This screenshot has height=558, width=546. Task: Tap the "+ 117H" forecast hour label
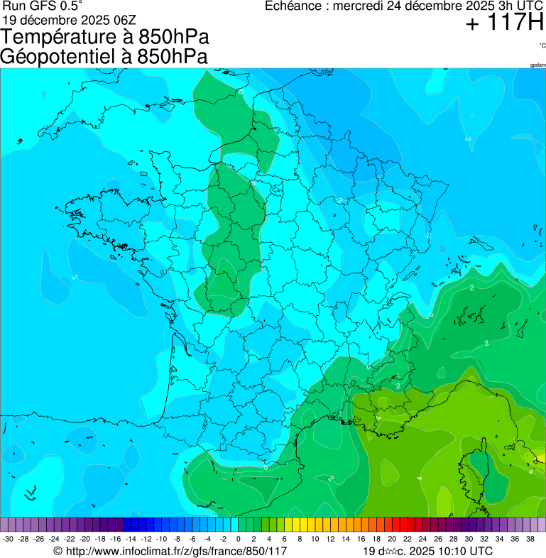(x=504, y=23)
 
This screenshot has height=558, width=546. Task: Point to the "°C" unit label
(x=542, y=45)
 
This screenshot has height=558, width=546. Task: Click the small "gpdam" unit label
(x=537, y=65)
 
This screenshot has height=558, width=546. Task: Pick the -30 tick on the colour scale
(x=8, y=540)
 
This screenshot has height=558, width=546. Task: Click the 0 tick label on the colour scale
(x=239, y=540)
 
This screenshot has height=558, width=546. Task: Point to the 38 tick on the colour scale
(x=531, y=540)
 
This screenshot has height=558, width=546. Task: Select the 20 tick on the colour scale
(x=392, y=540)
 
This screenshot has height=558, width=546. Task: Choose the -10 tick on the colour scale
(x=162, y=540)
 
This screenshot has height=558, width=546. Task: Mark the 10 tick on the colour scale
(x=315, y=540)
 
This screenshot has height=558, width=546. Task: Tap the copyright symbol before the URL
(x=58, y=551)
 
